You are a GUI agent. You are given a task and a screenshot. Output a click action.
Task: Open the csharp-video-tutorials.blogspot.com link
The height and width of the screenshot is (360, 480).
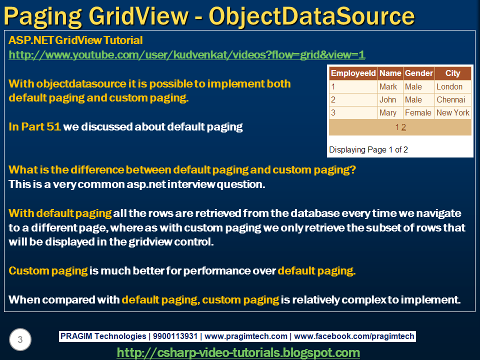tap(238, 352)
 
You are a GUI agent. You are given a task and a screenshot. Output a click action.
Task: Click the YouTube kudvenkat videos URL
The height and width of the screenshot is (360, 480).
tap(187, 55)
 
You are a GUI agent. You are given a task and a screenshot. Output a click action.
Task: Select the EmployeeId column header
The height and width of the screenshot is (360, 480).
tap(353, 73)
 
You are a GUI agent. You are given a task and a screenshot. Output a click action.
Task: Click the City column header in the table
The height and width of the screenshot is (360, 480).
tap(452, 73)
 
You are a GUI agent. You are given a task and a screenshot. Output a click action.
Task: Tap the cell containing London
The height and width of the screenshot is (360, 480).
tap(449, 86)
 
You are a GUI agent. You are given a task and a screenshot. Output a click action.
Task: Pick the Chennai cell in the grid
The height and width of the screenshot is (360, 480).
tap(450, 99)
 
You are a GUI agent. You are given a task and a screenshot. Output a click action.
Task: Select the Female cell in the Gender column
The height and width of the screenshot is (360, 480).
tap(418, 112)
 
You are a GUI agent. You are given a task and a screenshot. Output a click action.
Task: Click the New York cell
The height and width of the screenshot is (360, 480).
tap(453, 112)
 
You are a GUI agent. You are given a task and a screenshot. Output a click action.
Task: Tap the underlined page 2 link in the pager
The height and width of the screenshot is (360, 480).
tap(403, 127)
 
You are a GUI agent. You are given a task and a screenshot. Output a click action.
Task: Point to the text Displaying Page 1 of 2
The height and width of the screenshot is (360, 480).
tap(368, 149)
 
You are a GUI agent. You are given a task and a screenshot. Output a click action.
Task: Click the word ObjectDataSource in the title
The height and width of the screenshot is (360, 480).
tap(311, 16)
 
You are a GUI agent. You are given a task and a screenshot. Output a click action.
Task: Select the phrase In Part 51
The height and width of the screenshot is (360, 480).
tap(34, 127)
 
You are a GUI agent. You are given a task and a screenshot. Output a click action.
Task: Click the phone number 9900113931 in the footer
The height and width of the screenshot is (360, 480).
tap(175, 336)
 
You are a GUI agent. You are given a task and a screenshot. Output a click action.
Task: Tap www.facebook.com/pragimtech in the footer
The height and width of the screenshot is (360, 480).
tap(354, 336)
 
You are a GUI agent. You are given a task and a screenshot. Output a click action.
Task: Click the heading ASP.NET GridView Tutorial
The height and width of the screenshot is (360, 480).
tap(75, 40)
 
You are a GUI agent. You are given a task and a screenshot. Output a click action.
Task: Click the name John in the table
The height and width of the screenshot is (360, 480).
tap(387, 99)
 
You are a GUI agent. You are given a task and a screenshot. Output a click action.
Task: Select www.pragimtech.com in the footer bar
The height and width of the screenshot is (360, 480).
tap(246, 336)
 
